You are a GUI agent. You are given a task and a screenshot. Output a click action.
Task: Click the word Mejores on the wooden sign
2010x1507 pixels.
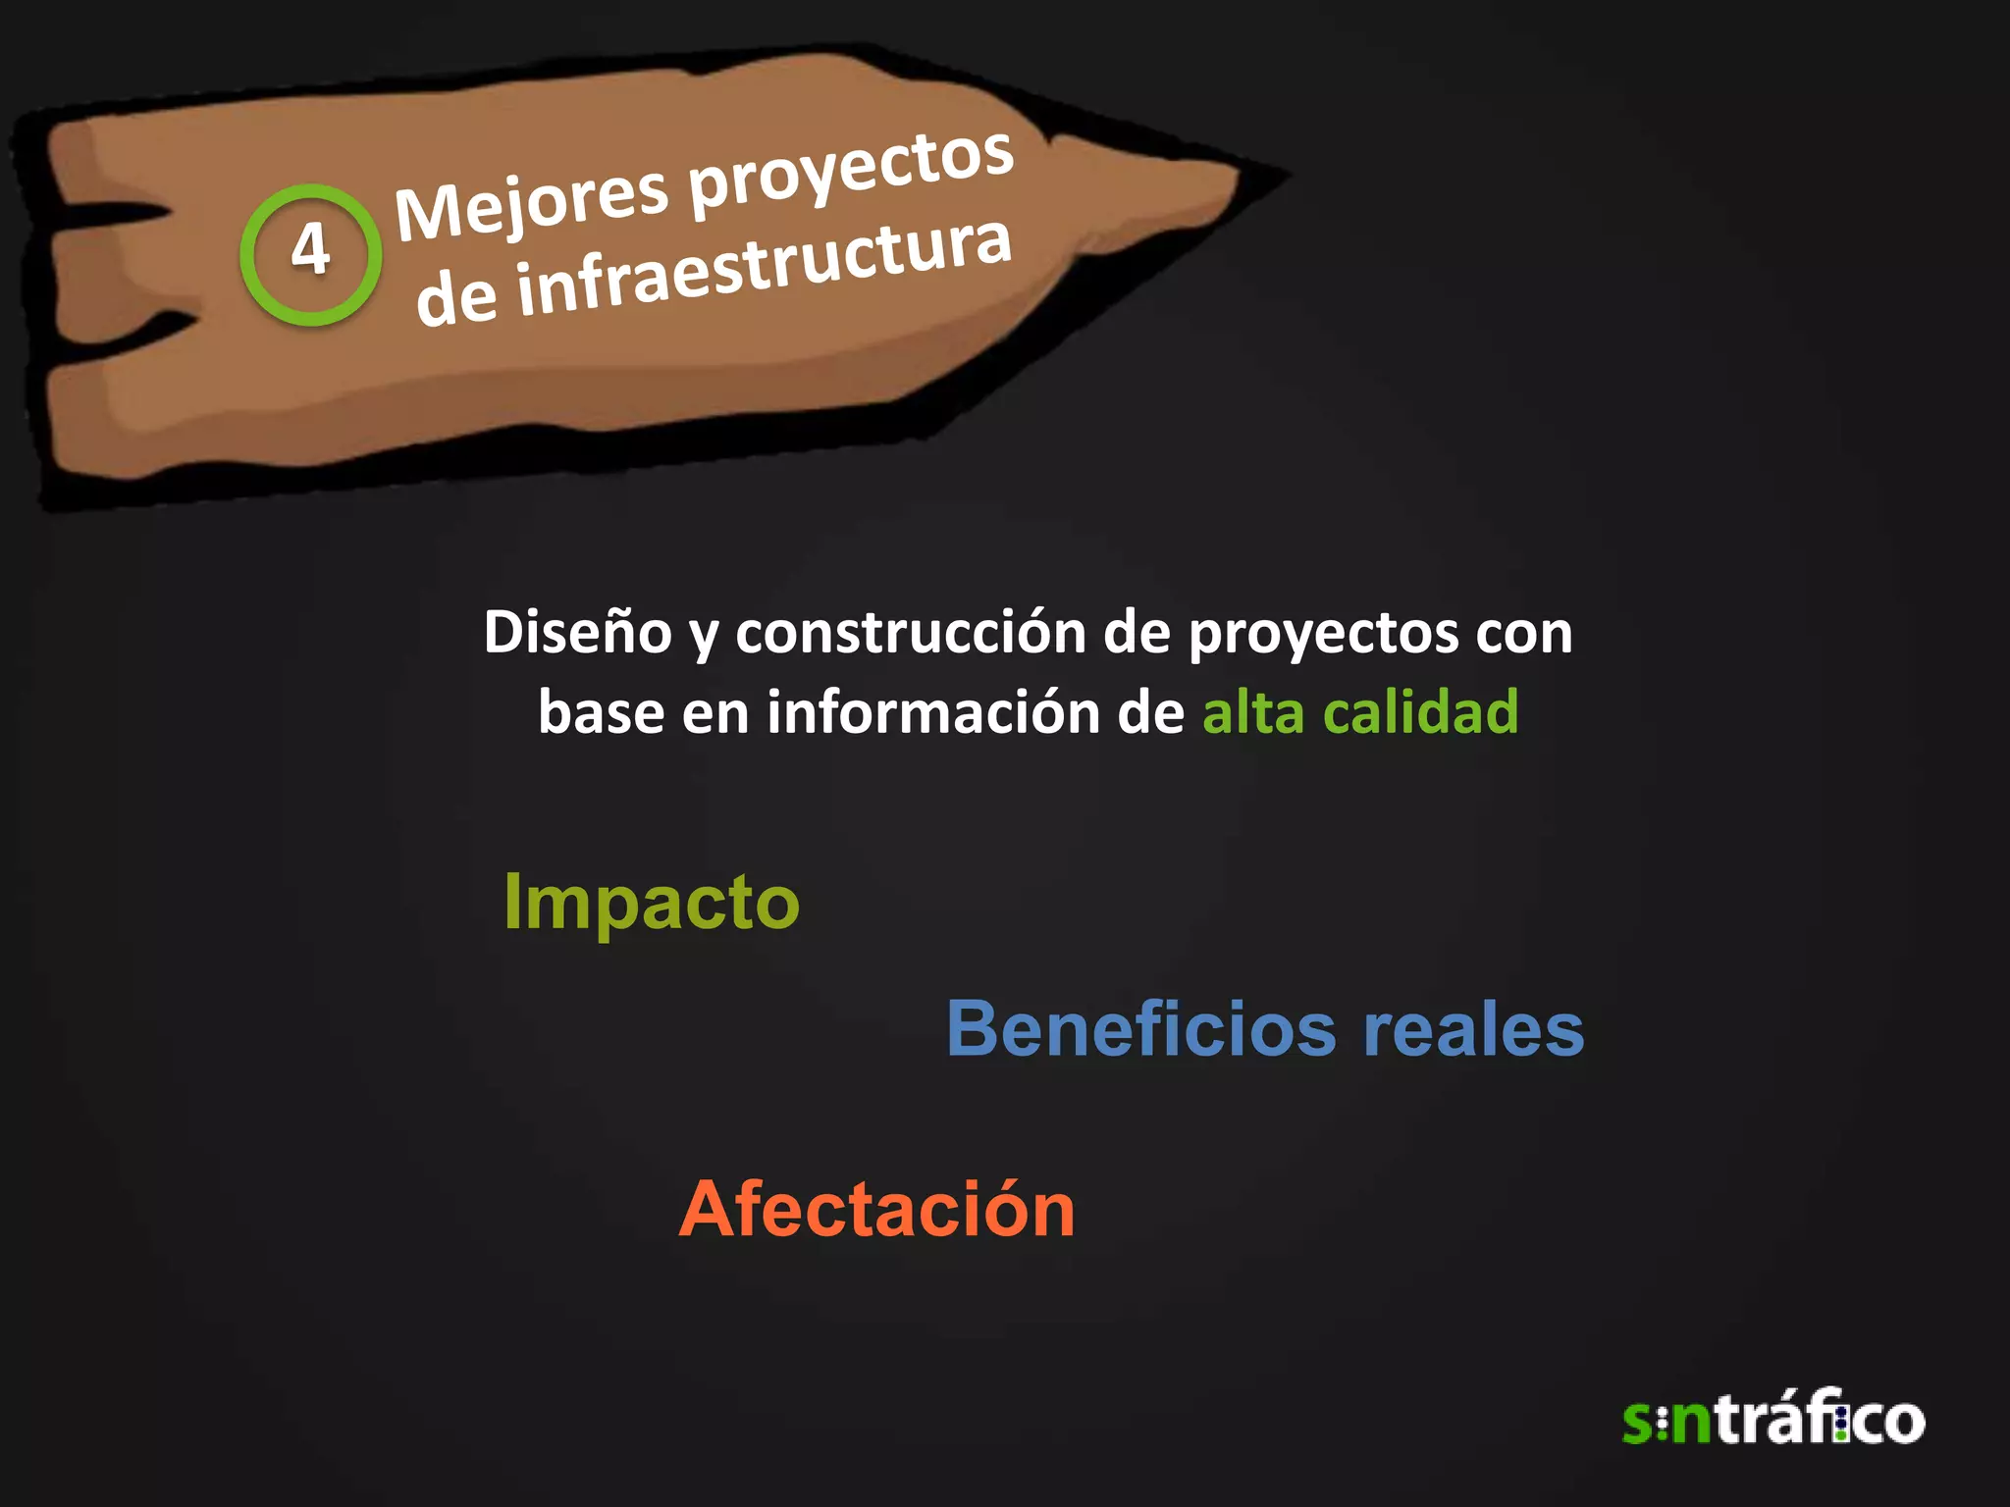coord(531,201)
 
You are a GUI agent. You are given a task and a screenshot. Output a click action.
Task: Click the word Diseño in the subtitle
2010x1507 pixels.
coord(577,632)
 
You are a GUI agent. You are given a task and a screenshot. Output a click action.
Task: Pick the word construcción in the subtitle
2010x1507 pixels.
coord(910,632)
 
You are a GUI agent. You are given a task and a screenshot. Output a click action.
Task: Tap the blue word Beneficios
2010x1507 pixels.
coord(1140,1029)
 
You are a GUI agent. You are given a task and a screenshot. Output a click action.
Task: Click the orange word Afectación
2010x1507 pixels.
coord(876,1209)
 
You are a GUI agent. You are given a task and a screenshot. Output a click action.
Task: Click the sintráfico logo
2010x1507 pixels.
coord(1772,1419)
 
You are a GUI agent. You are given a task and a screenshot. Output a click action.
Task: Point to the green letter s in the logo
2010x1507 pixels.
coord(1638,1424)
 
